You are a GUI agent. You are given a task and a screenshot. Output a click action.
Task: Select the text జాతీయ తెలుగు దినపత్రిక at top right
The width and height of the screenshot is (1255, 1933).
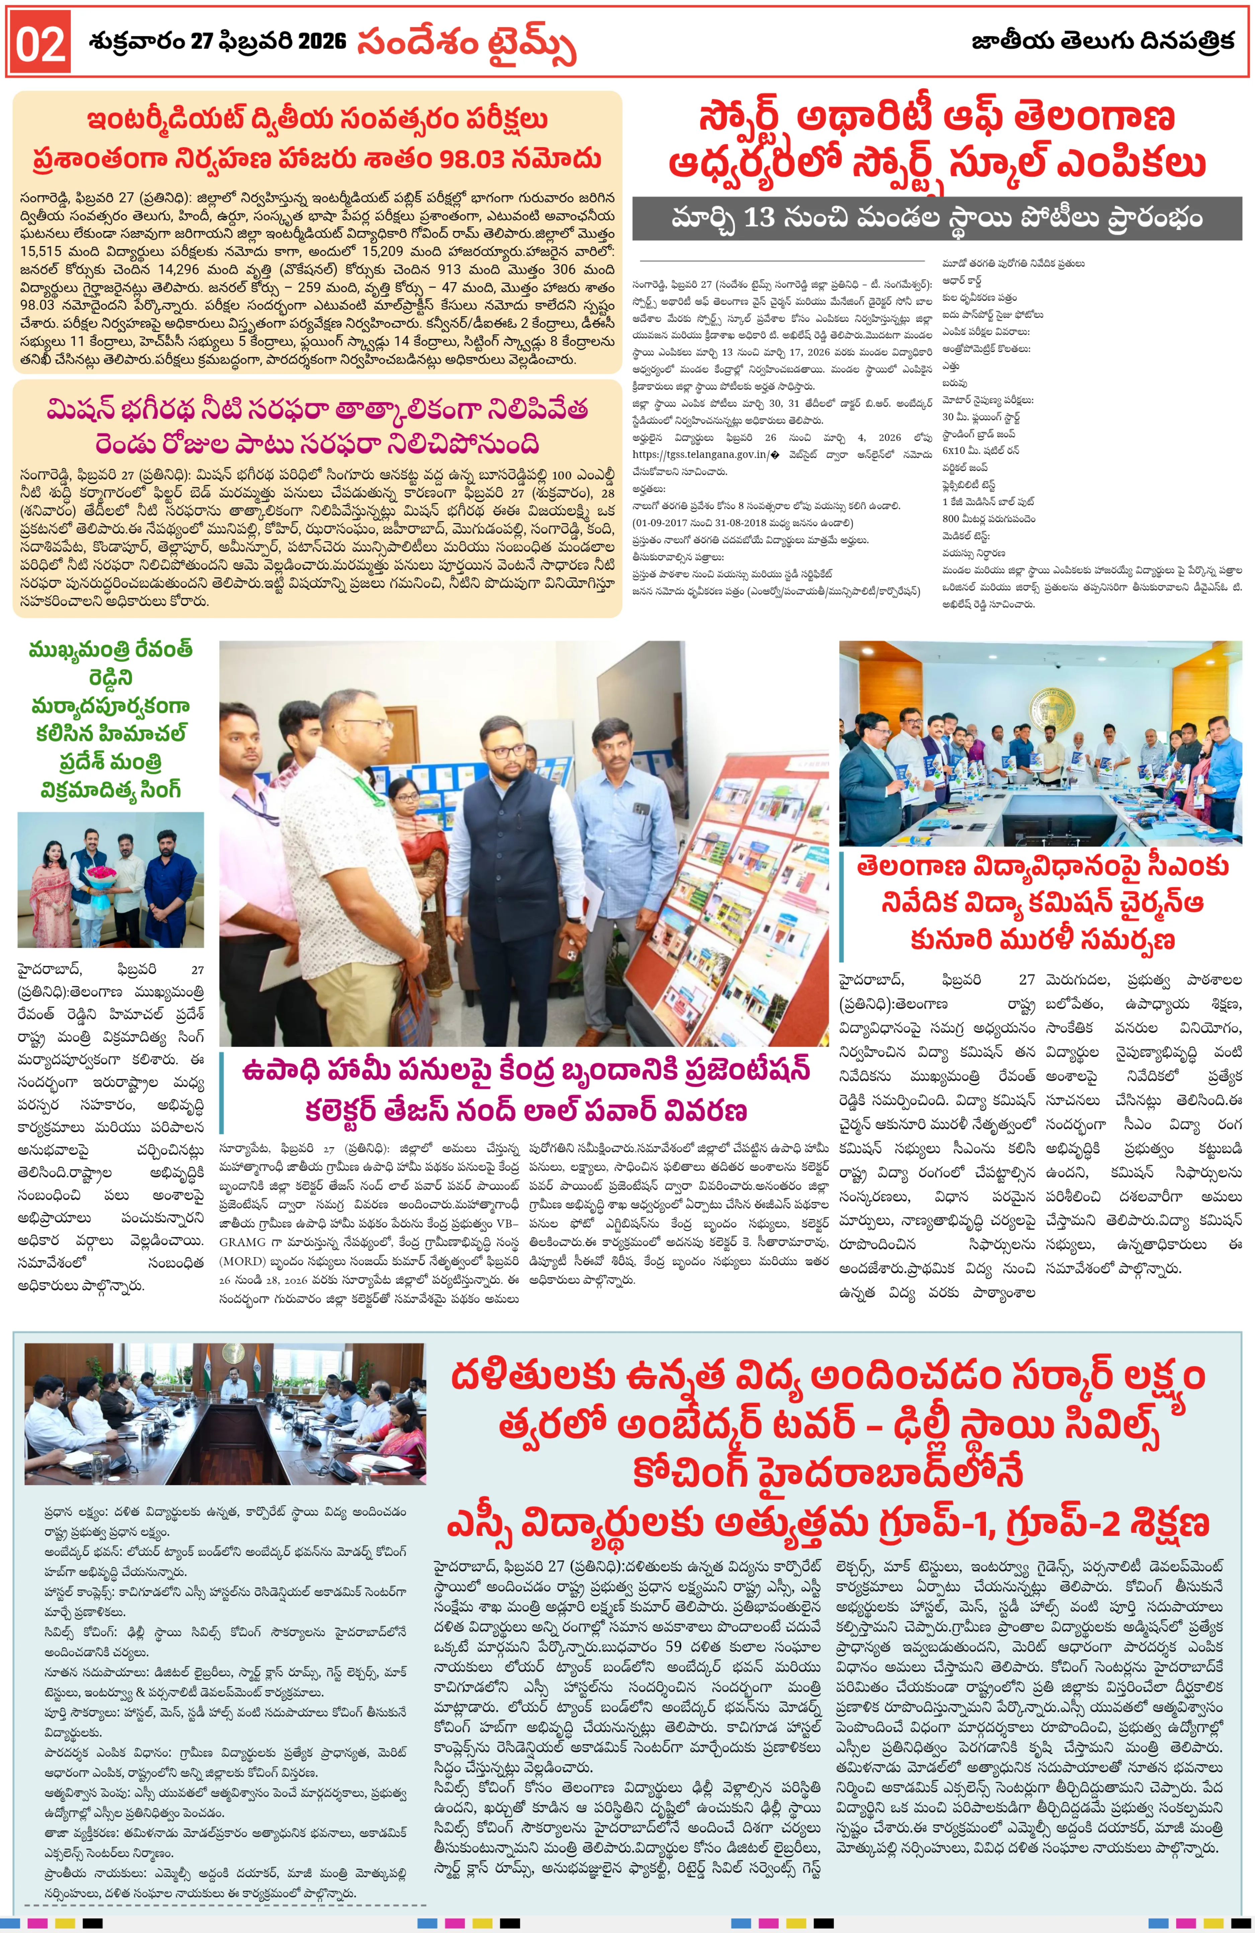(x=1102, y=41)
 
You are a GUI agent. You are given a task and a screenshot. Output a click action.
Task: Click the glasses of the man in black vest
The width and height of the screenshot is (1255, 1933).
(x=505, y=750)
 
